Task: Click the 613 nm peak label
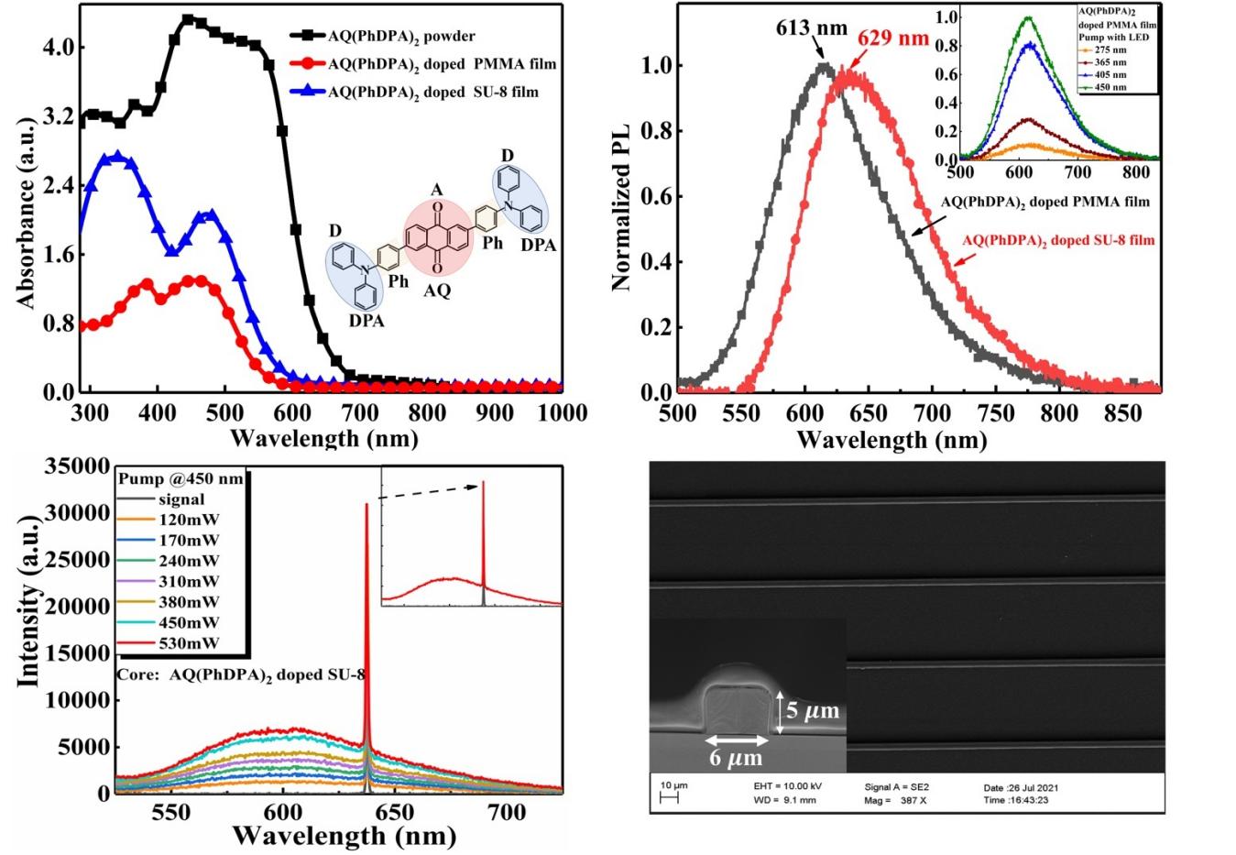tap(813, 28)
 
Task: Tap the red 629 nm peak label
tap(892, 38)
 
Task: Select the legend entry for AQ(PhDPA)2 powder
tap(401, 36)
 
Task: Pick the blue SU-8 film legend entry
tap(432, 92)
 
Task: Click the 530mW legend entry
tap(189, 643)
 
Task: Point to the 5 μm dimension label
tap(812, 711)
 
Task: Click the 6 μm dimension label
tap(736, 758)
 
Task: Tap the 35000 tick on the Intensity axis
tap(77, 466)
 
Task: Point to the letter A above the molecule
tap(437, 190)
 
